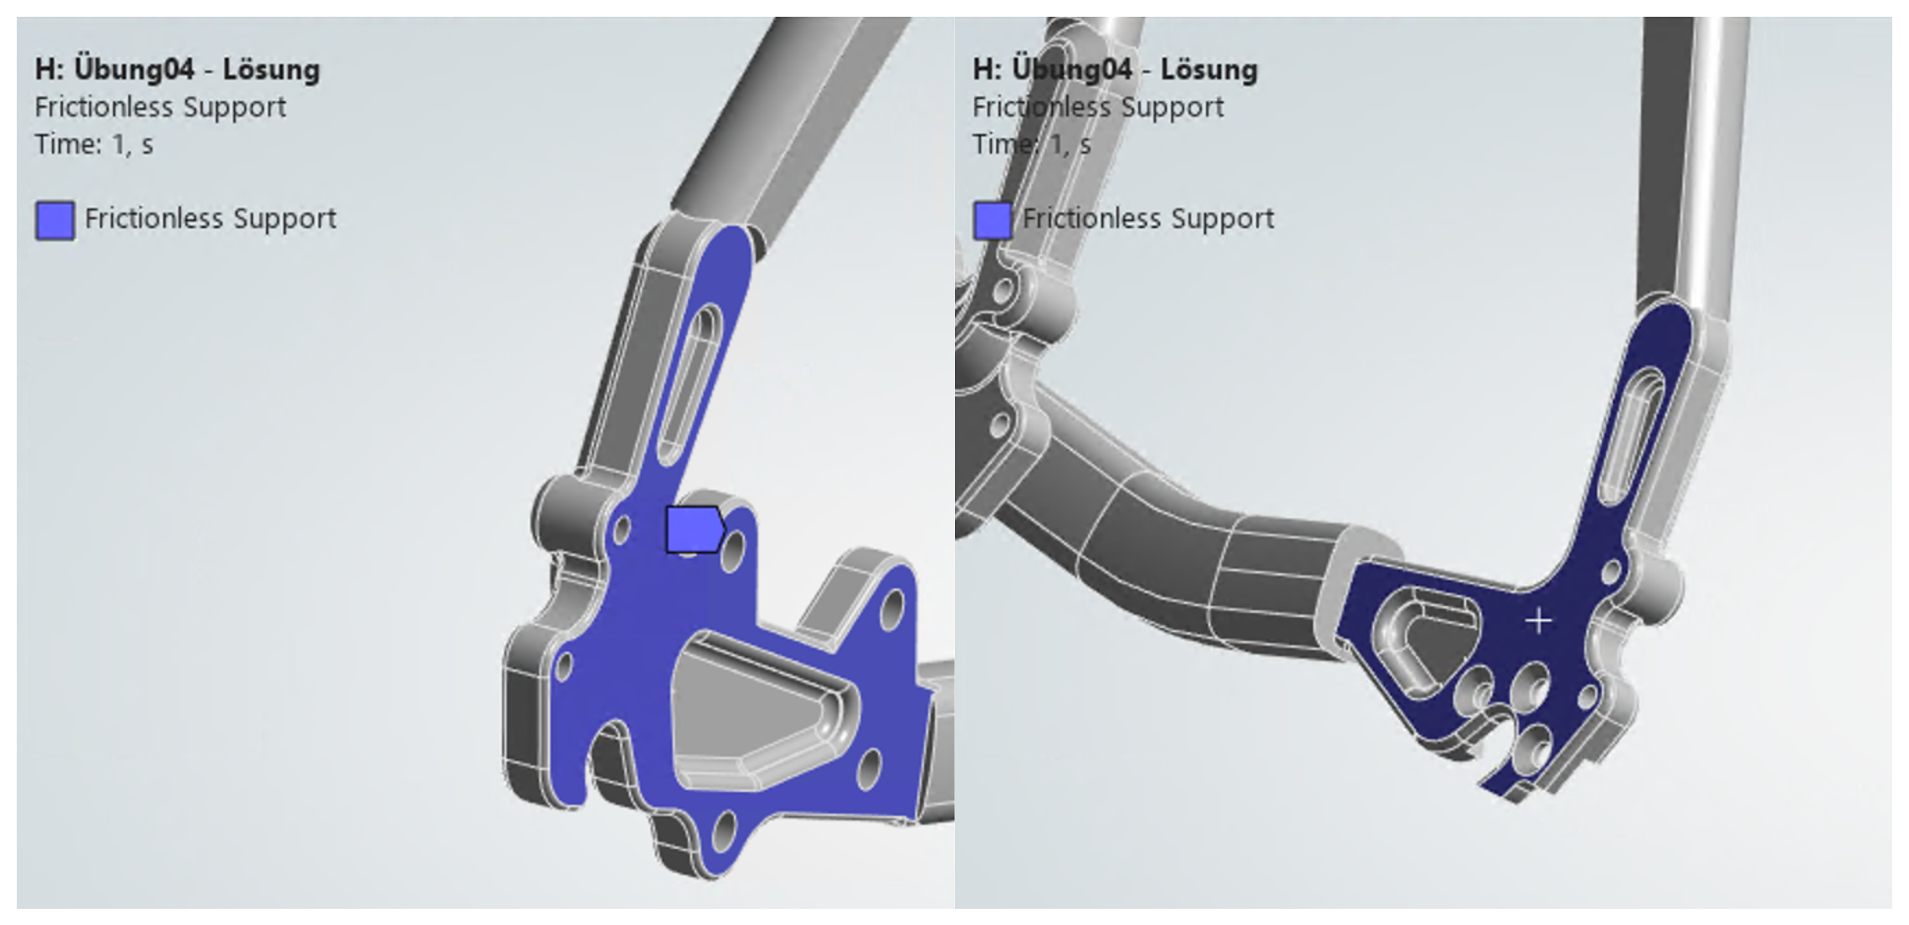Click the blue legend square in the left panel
[55, 221]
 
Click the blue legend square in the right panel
[993, 221]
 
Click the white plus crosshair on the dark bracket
[1538, 621]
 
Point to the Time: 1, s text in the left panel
[94, 145]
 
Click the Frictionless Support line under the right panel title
[1097, 107]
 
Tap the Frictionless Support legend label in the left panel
[210, 218]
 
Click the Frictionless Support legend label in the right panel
[1148, 218]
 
